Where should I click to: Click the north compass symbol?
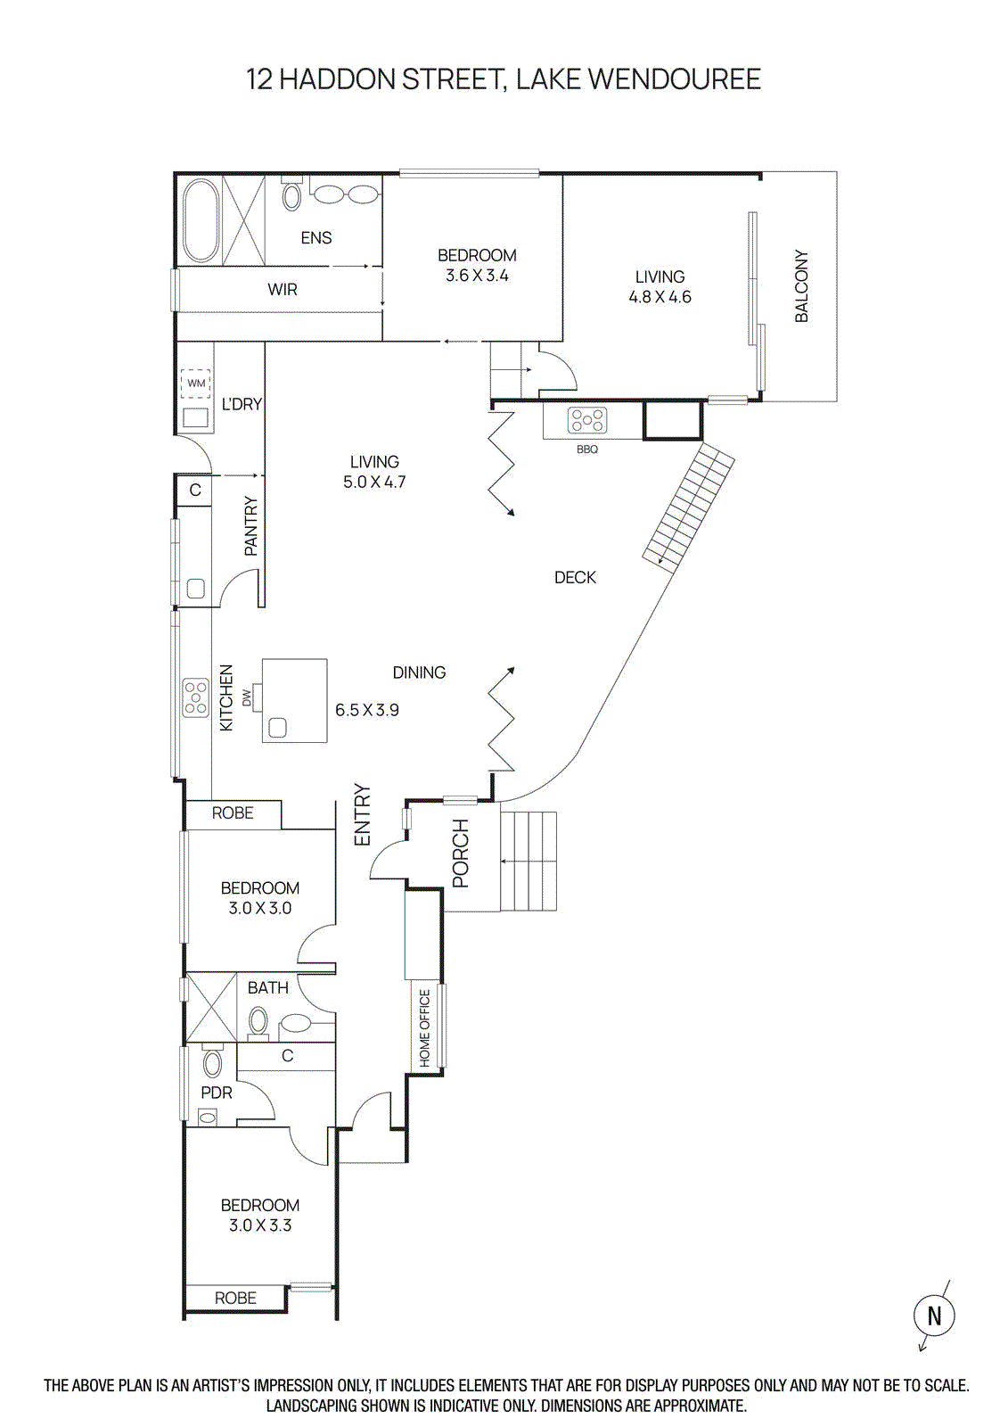pos(934,1316)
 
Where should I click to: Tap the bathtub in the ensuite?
pos(201,219)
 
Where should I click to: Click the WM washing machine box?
pos(196,384)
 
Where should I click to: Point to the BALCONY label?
pos(801,285)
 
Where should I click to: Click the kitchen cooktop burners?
pos(195,697)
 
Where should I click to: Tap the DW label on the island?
pos(247,697)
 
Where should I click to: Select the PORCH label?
pos(460,854)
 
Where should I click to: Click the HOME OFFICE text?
pos(424,1027)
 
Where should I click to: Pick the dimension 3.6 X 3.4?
pos(477,276)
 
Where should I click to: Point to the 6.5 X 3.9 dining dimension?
pos(366,710)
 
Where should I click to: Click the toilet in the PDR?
pos(212,1062)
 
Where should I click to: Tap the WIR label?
pos(283,290)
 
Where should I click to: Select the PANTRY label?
pos(250,527)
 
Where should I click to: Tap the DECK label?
pos(575,578)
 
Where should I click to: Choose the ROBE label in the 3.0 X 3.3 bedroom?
pos(235,1299)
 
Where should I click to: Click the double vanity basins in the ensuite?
pos(345,194)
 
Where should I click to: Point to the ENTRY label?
pos(361,815)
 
